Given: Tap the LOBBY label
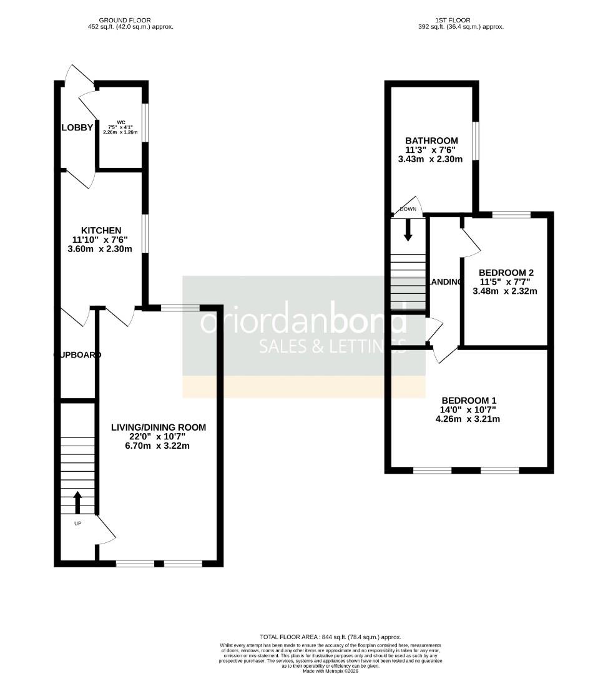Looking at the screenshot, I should [77, 128].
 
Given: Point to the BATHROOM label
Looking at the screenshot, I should [431, 141].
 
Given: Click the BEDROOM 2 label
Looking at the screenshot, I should [506, 273].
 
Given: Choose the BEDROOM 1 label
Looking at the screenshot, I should [469, 400].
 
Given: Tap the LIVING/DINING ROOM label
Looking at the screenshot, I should [158, 427].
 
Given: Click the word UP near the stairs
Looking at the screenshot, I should [78, 524].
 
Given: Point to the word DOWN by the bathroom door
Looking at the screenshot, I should [408, 209].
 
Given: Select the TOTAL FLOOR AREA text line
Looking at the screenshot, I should [331, 637].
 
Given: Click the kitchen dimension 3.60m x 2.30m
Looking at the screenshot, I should [100, 249].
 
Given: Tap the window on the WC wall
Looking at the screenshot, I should [145, 122].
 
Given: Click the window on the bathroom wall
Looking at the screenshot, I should [475, 140].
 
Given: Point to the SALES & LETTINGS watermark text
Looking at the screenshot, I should [332, 345].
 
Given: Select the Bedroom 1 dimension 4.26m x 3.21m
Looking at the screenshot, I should [469, 419].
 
